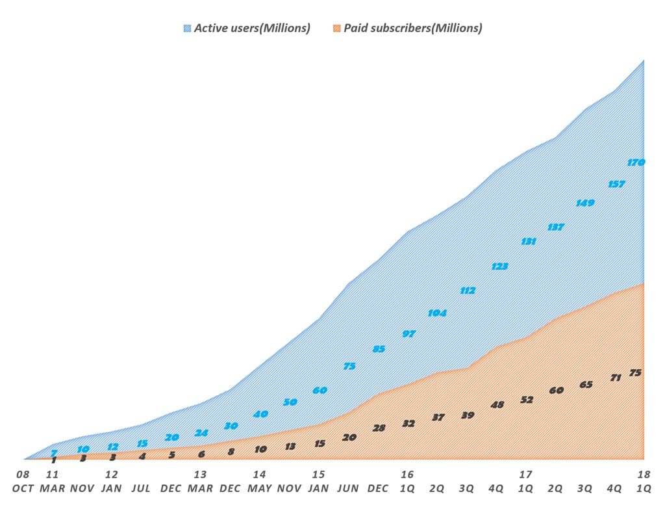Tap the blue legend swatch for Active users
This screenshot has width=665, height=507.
188,28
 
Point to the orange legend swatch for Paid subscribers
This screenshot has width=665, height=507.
336,28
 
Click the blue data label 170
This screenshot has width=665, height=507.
636,162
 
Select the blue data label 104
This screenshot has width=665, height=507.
438,313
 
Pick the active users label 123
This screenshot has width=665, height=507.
499,266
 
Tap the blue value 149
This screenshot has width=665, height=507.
585,203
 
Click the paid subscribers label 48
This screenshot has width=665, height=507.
497,405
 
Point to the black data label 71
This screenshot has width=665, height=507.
616,378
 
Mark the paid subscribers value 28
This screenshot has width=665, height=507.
379,428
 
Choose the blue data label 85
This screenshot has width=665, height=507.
379,349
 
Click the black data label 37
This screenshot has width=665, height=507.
438,417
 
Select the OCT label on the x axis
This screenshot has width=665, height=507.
23,488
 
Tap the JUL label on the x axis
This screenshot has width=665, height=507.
141,488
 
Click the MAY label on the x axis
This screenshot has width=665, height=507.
259,488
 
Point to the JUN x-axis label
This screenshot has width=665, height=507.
349,488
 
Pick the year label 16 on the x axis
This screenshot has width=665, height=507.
407,474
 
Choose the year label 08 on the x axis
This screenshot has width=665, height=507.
23,474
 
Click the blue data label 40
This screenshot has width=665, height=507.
260,414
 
